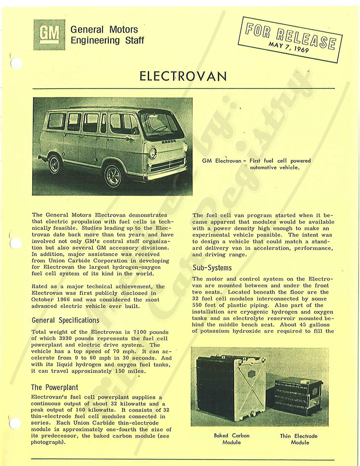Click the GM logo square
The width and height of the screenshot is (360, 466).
point(49,35)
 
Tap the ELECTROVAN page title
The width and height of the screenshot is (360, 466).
point(183,76)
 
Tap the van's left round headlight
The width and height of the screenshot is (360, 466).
point(152,153)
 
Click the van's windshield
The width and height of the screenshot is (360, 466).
point(161,125)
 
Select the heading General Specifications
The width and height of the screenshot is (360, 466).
point(65,320)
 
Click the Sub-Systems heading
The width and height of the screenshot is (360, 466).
point(212,268)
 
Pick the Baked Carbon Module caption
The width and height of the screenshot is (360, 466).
point(231,439)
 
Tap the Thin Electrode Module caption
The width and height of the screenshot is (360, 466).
point(299,439)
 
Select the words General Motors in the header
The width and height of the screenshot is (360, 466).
point(104,29)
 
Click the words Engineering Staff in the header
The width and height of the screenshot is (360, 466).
point(107,40)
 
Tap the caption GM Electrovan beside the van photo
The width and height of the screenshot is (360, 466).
point(221,161)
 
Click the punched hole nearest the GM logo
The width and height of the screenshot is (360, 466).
point(16,63)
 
